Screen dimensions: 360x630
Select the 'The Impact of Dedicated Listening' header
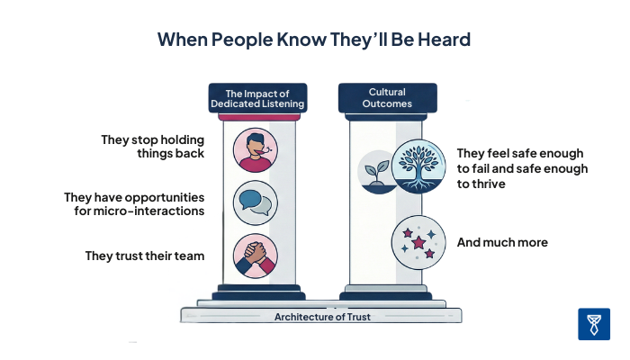tap(257, 97)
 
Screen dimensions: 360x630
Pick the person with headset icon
tap(254, 149)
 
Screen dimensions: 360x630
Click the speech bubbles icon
tap(254, 202)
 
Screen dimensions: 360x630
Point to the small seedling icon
tap(375, 170)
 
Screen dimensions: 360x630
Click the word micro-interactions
tap(155, 211)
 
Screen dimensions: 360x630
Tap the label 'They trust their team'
tap(145, 256)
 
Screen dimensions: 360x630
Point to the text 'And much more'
tap(502, 243)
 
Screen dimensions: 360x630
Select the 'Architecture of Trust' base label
tap(320, 316)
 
